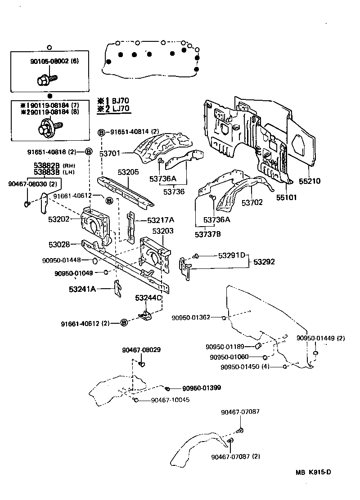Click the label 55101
[287, 197]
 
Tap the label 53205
[128, 172]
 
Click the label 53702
[252, 203]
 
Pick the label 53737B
[208, 234]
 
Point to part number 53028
[59, 244]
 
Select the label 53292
[264, 261]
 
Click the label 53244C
[148, 298]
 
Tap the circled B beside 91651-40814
[101, 132]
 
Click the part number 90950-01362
[190, 317]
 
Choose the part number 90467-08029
[141, 350]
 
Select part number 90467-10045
[170, 400]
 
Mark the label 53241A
[82, 289]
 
